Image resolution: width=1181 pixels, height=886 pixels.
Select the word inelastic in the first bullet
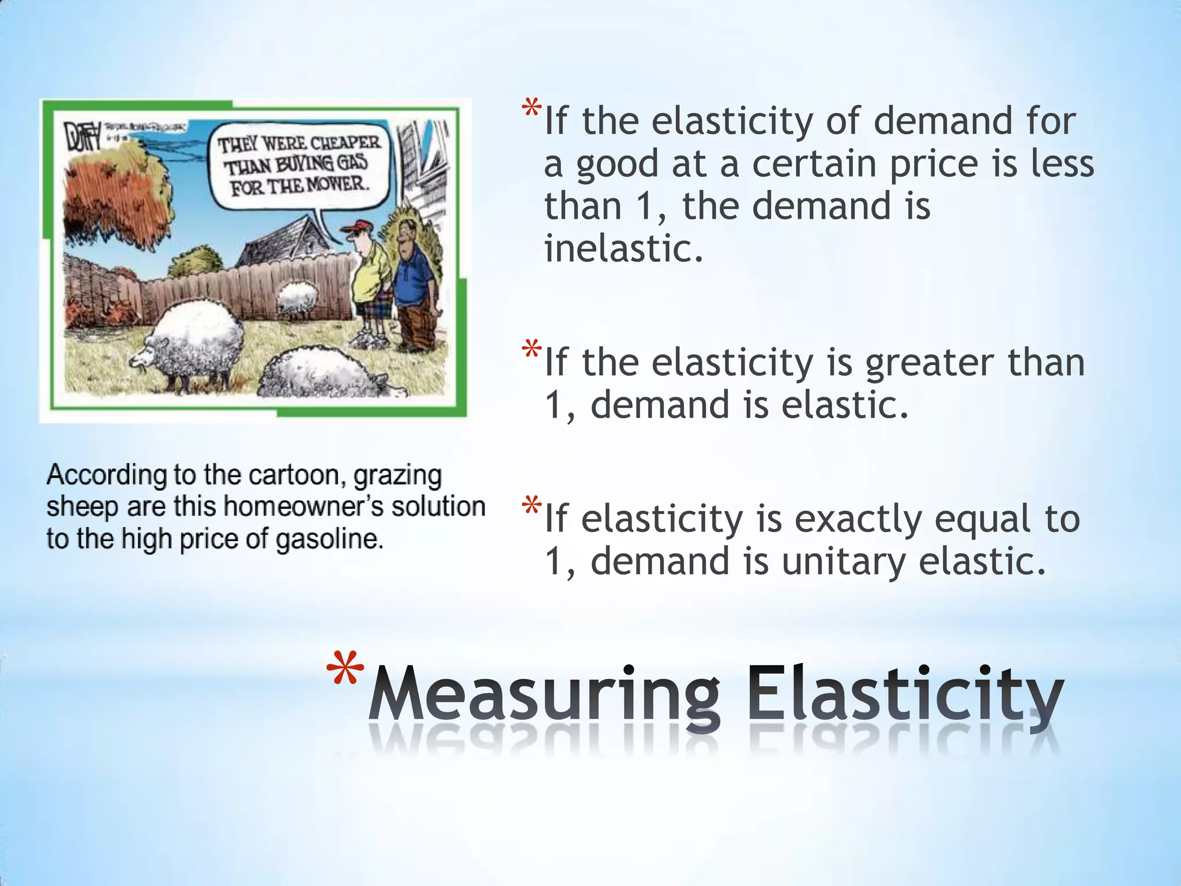tap(624, 248)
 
